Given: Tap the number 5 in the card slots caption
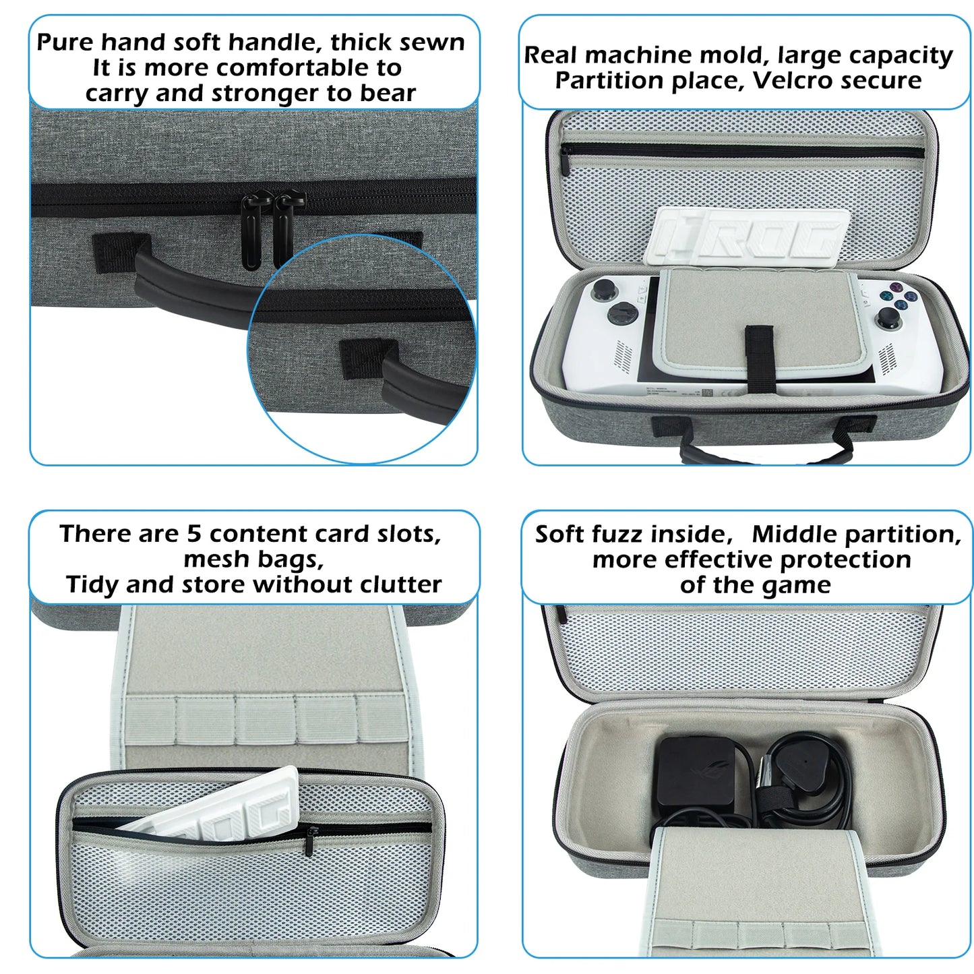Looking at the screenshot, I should coord(194,534).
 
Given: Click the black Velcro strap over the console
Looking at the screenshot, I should coord(760,357).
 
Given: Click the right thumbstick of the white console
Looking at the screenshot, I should coord(890,317).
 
